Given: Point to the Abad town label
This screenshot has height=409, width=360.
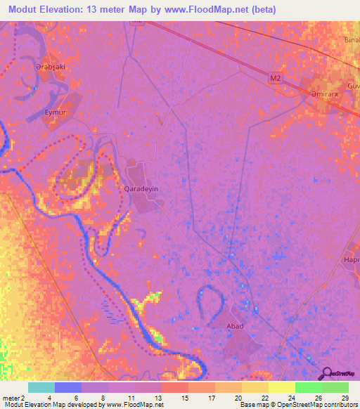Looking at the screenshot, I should (x=235, y=327).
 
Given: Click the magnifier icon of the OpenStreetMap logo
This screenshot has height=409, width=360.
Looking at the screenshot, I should (x=324, y=373).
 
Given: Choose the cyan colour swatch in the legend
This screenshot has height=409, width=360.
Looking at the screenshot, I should (x=41, y=387).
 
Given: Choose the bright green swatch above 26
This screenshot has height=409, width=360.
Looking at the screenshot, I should (x=309, y=387).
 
